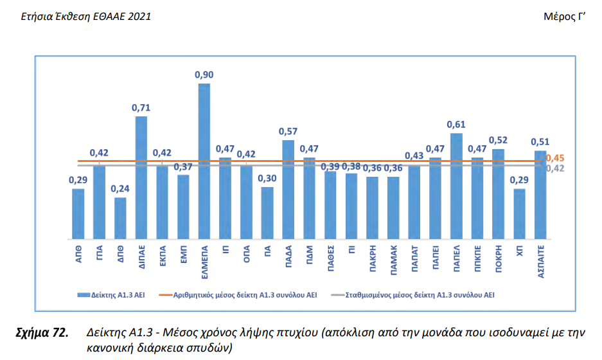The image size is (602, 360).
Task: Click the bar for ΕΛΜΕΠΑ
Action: coord(204,161)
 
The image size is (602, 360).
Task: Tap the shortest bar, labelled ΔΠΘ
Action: coord(120,217)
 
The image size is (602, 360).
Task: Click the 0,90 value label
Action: coord(204,75)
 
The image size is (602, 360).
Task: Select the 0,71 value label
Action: coord(141,108)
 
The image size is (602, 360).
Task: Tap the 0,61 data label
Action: coord(456,125)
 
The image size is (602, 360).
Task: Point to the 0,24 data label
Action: coord(120,189)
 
